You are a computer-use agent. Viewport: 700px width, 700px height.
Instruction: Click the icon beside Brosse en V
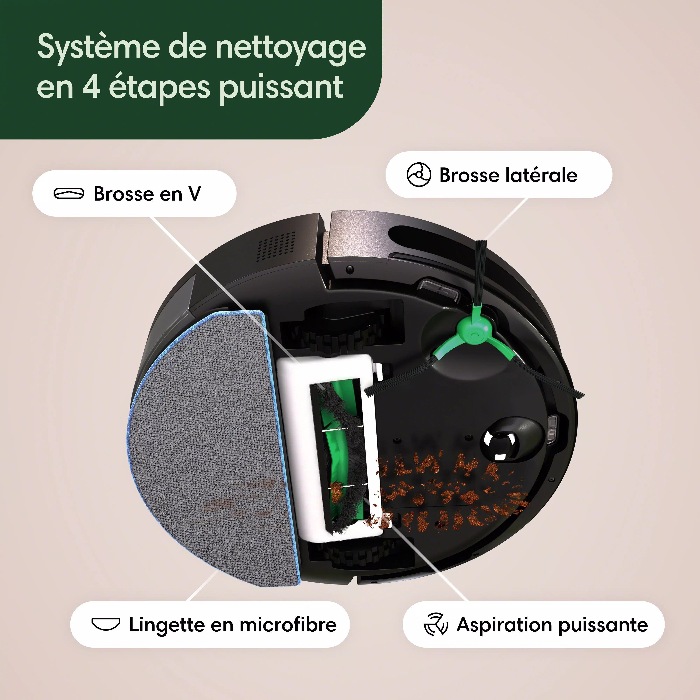[69, 194]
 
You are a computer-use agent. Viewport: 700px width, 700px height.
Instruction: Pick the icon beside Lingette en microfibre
[105, 624]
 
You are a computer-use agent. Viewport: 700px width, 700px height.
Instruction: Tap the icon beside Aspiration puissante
[436, 624]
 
